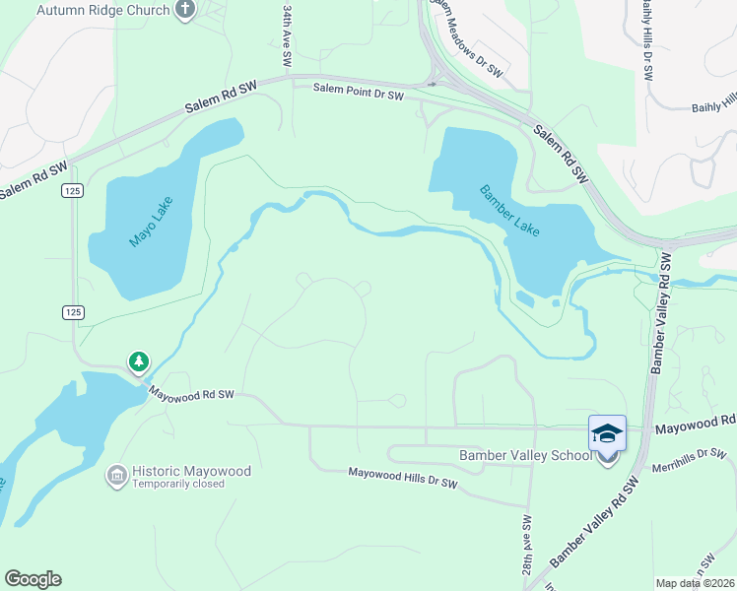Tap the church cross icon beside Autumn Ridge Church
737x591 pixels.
[x=184, y=10]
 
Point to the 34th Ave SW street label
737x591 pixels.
[x=287, y=34]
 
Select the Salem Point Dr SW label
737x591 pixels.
[x=359, y=94]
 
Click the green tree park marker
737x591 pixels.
[x=139, y=362]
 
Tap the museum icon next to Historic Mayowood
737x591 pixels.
[x=116, y=476]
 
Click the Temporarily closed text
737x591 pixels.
[x=178, y=484]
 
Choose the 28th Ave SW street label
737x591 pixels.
[x=528, y=546]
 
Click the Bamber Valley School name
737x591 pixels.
[x=525, y=455]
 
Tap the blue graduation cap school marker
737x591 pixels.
[x=607, y=433]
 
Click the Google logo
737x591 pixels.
[x=33, y=579]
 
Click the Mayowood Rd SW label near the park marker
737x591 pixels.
[x=191, y=393]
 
